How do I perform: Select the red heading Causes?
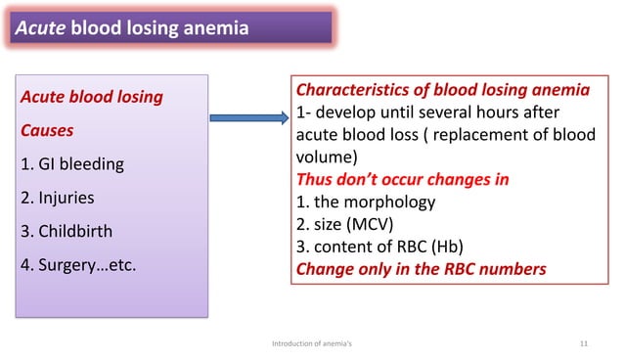coord(47,129)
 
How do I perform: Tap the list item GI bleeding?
coord(72,163)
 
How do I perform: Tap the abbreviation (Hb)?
coord(451,247)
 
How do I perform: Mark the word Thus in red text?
coord(316,180)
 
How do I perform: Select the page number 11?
coord(584,343)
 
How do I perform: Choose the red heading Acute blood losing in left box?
coord(92,97)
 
